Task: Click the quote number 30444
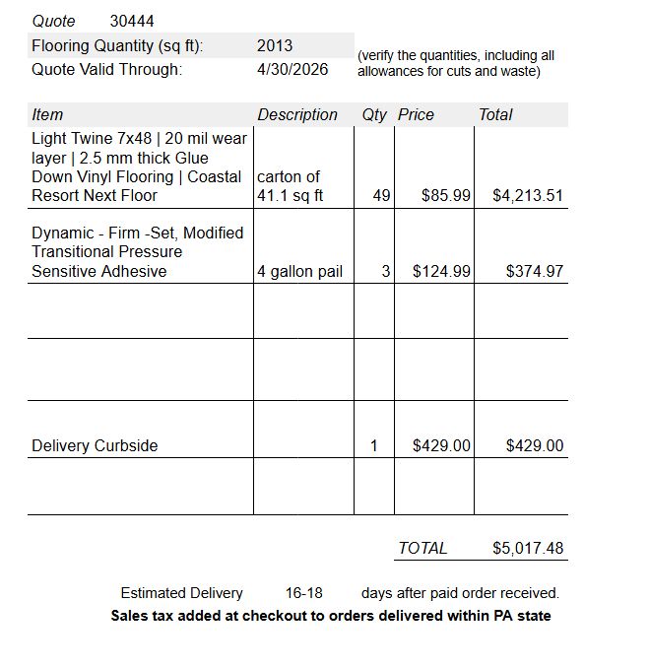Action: click(132, 21)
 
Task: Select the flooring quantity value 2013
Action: click(274, 45)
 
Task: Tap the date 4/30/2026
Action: click(292, 69)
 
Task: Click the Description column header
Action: click(297, 114)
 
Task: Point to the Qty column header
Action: click(374, 114)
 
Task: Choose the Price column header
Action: click(416, 114)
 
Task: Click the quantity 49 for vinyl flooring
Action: click(382, 195)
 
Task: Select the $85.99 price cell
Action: click(446, 195)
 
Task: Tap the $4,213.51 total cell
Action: click(528, 195)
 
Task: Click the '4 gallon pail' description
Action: click(299, 271)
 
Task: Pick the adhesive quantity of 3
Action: click(386, 271)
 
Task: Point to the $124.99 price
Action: click(441, 271)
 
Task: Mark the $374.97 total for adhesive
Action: click(535, 271)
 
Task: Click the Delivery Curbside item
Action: click(95, 445)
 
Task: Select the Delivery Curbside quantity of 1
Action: click(374, 445)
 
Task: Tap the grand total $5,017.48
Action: click(528, 548)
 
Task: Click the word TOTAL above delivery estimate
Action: click(422, 548)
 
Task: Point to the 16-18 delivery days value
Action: click(304, 593)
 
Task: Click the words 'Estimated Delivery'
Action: click(181, 593)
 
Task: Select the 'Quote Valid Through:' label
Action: click(106, 69)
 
